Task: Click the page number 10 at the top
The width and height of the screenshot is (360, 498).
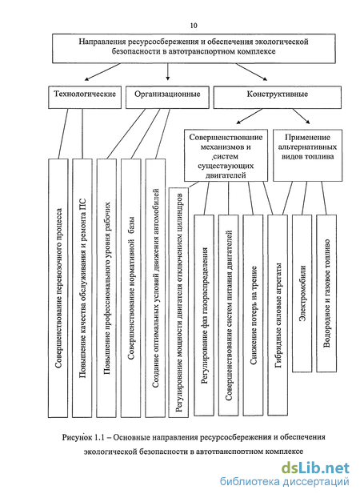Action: [194, 26]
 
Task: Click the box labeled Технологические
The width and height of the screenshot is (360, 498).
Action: [85, 97]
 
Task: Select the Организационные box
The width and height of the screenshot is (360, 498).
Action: [167, 97]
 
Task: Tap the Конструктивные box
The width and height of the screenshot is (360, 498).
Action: [278, 97]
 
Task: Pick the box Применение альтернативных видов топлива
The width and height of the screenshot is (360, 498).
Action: [308, 155]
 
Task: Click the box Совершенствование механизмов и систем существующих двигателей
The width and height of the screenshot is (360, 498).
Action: [226, 155]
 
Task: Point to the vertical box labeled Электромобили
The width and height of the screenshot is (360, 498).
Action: [302, 293]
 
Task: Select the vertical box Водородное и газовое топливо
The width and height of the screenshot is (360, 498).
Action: [326, 293]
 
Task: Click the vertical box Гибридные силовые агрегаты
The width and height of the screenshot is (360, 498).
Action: [278, 315]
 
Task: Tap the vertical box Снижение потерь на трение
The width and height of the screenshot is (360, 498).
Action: [253, 315]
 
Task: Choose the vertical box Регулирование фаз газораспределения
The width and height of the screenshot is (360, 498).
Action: [204, 315]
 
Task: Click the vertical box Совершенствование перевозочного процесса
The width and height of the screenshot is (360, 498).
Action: [58, 288]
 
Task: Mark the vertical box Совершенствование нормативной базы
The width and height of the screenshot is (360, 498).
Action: [130, 288]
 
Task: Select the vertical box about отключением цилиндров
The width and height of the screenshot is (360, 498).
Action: [178, 303]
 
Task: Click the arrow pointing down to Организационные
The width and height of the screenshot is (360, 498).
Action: [168, 71]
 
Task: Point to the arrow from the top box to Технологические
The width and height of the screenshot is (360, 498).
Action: [102, 72]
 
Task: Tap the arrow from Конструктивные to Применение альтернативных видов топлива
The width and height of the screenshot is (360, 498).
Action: [301, 116]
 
